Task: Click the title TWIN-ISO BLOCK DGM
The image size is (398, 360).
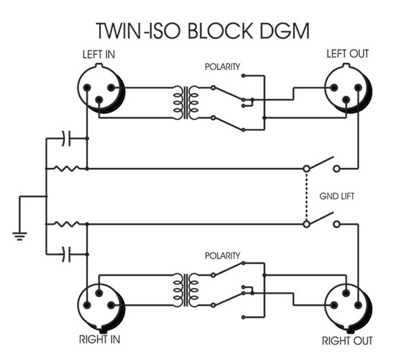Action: coord(203,31)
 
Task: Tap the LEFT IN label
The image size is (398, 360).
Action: coord(99,55)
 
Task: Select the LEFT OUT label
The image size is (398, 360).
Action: coord(348,54)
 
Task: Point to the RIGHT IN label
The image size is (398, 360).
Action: coord(99,340)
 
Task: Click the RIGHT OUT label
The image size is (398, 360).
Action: coord(347,341)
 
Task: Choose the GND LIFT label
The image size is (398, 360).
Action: coord(336,196)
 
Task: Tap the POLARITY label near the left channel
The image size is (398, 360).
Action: coord(222,66)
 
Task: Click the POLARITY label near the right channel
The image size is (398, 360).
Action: coord(222,256)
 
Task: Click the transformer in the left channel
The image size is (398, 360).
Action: coord(186,102)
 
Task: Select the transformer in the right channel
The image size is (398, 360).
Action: coord(186,290)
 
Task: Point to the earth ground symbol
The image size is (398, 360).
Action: coord(20,236)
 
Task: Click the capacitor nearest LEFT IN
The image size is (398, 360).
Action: coord(66,138)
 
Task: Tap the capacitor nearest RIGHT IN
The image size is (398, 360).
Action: coord(66,254)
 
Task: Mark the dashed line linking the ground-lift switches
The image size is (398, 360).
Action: coord(306,197)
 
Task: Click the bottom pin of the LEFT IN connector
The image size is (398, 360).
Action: coord(99,100)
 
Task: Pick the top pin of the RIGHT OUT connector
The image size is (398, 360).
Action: coord(346,293)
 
